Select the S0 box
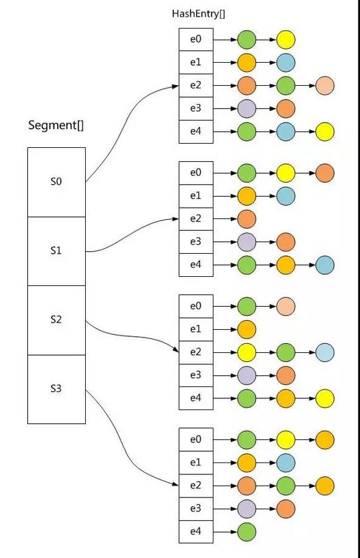56,181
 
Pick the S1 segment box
56,250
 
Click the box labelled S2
56,320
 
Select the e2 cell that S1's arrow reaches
195,219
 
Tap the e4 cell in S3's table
195,532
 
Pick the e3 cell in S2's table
195,375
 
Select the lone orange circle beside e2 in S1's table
247,219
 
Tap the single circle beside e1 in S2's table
247,329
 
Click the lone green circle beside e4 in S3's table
247,532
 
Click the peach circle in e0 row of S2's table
286,306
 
